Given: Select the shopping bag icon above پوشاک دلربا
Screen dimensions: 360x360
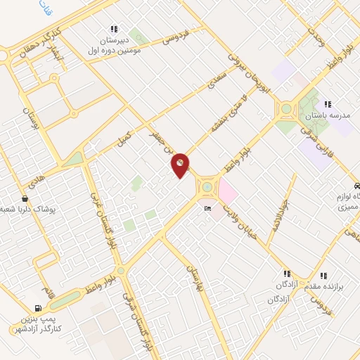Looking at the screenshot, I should [25, 199].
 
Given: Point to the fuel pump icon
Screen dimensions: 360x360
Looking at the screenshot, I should [37, 308].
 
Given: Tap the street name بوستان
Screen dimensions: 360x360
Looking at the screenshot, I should [29, 120].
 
